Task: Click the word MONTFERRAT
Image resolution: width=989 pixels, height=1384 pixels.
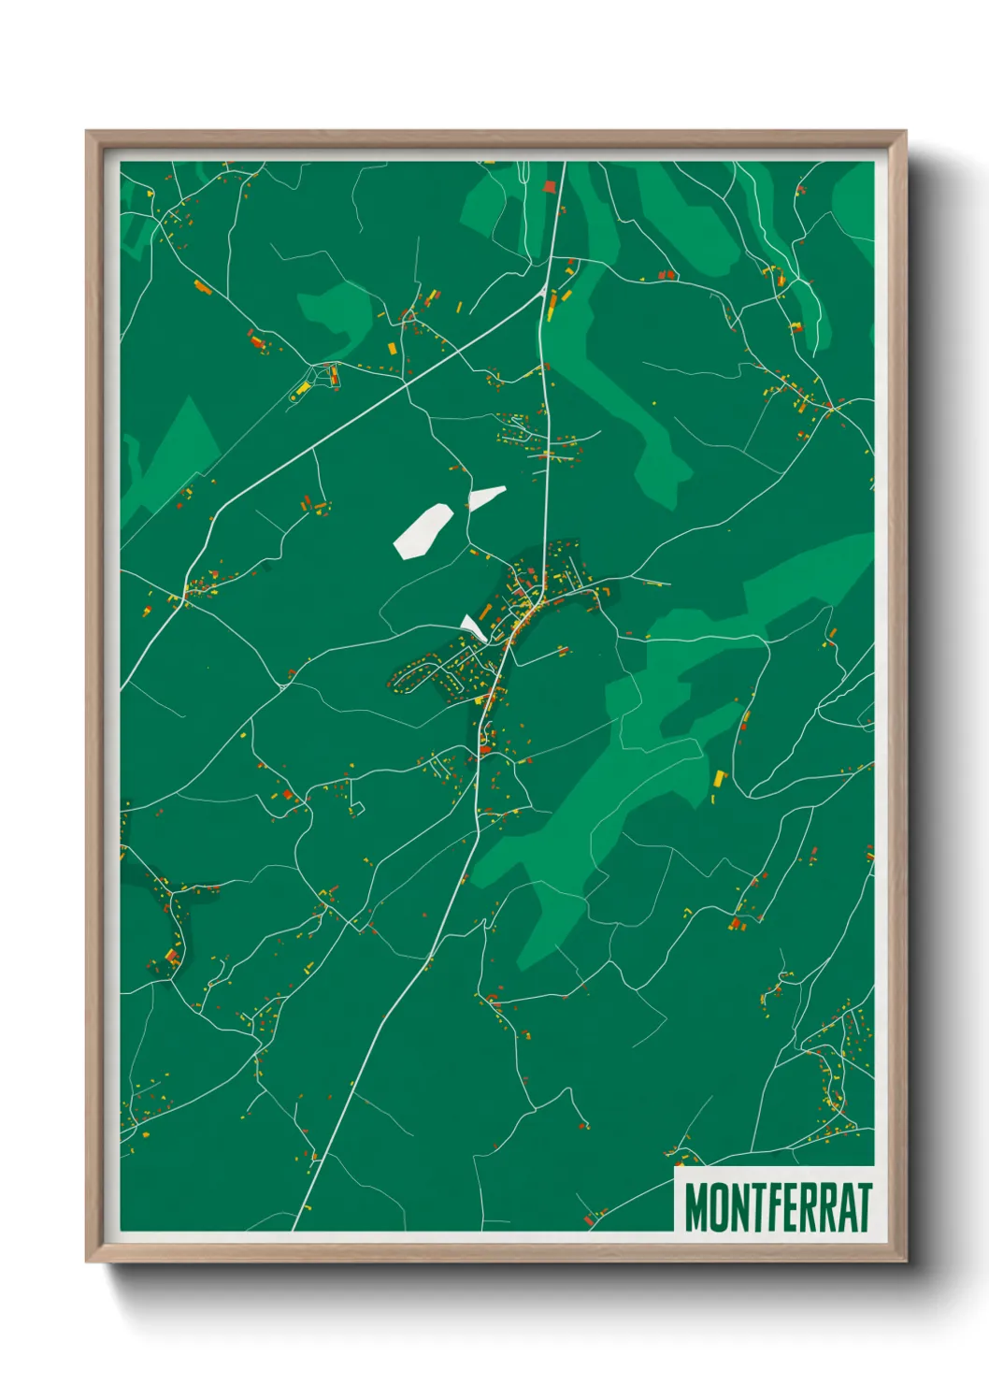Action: click(778, 1207)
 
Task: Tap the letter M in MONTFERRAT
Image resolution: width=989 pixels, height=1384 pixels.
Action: click(696, 1207)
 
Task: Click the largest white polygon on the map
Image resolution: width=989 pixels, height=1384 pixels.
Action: click(423, 530)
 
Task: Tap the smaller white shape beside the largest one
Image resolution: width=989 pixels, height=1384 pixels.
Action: click(485, 497)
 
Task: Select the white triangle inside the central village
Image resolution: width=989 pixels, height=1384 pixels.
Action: click(473, 627)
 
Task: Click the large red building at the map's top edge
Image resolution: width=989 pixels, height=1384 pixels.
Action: click(550, 186)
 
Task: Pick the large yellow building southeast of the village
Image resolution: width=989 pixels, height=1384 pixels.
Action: click(719, 778)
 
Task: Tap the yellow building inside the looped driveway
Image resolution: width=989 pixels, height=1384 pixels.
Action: click(303, 388)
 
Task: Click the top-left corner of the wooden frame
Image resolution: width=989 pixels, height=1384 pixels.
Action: click(88, 133)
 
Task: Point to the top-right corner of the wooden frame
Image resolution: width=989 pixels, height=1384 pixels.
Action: click(904, 133)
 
